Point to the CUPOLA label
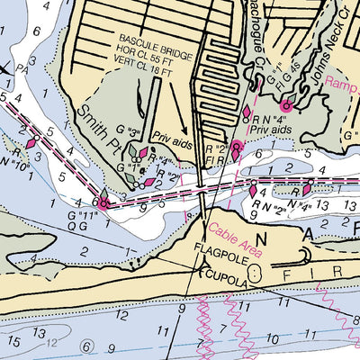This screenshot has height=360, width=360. (225, 271)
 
